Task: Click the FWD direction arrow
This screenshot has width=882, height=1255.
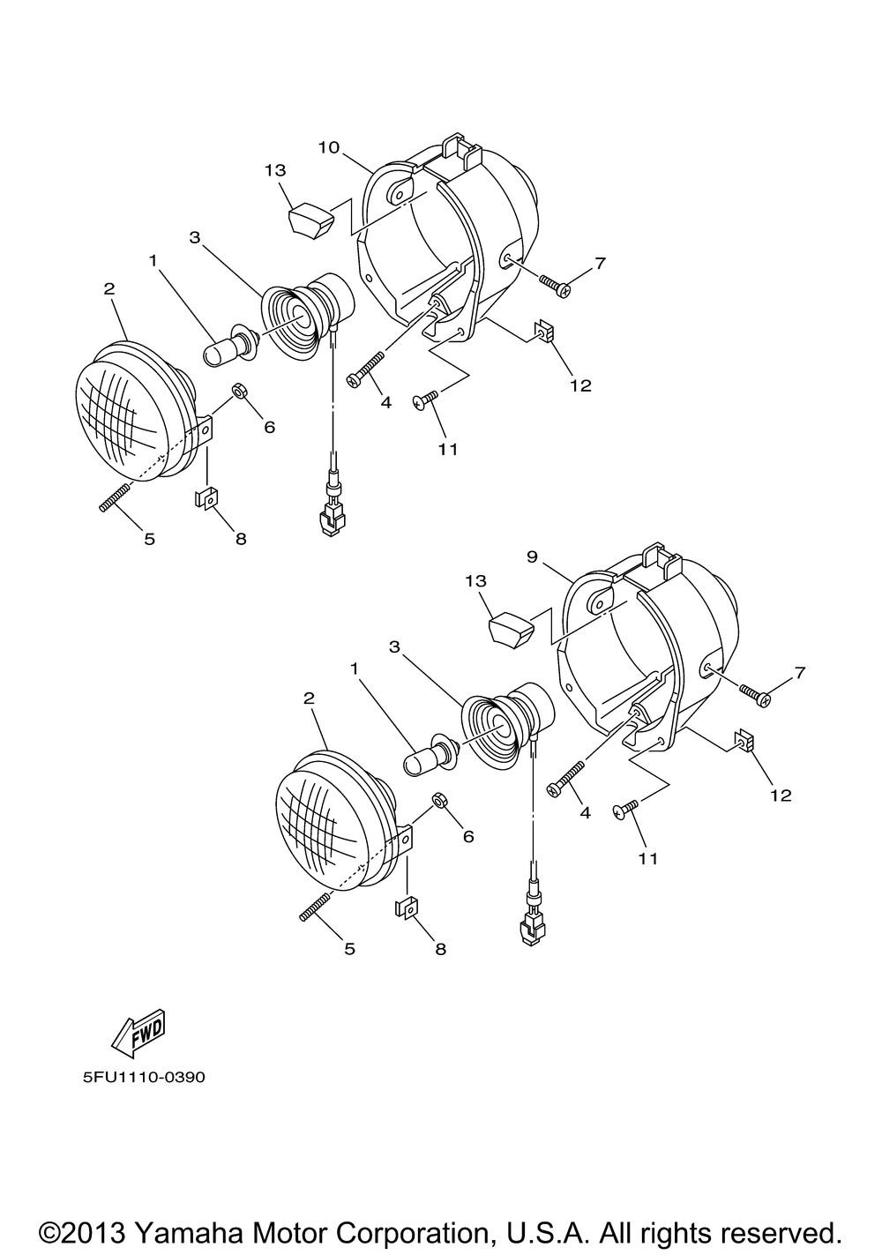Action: click(138, 1035)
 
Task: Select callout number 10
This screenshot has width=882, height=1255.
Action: click(328, 147)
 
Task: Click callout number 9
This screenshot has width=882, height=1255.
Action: click(532, 557)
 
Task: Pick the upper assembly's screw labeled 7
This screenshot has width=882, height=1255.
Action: click(555, 284)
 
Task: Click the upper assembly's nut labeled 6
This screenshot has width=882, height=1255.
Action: click(237, 390)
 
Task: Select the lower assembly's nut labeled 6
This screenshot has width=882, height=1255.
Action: click(437, 800)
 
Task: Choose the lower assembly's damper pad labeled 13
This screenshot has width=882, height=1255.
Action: click(509, 629)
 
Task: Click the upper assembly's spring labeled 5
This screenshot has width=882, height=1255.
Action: click(115, 496)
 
